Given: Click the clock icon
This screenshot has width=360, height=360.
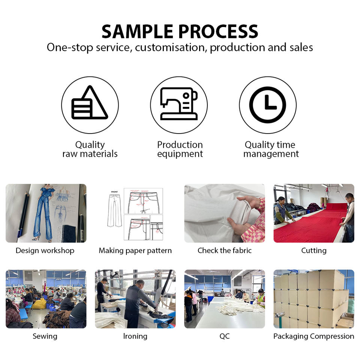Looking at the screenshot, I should coord(268,105).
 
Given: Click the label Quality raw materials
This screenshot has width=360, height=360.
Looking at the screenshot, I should coord(90,149).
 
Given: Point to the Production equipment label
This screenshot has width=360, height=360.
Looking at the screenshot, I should coord(180,149).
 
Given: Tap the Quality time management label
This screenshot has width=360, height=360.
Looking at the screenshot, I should coord(271,149).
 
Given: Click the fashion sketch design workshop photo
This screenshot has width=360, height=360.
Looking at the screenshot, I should coord(46,213).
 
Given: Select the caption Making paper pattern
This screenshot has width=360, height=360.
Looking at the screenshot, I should coord(135,250).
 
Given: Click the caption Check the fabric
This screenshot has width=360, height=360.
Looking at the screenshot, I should coord(224,250).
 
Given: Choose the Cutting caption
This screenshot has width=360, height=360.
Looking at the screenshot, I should coord(313,250).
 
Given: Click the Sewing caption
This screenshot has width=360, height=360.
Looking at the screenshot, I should coord(45,336).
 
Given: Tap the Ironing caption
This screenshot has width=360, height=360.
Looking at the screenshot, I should coord(135,336).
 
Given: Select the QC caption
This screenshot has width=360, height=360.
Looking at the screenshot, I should coord(224,336).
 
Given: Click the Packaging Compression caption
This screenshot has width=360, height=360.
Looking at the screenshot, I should coord(313,336).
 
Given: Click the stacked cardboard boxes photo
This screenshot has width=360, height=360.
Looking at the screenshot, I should coord(313,299).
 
